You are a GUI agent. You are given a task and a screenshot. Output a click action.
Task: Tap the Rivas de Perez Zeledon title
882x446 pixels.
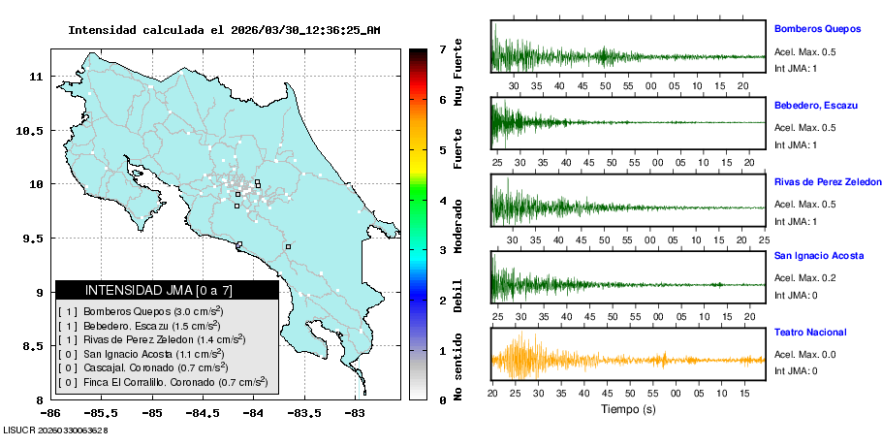(x=827, y=181)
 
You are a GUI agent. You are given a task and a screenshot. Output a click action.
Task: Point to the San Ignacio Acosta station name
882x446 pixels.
(x=820, y=256)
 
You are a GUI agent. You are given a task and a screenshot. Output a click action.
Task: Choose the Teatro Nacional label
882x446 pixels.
(x=809, y=332)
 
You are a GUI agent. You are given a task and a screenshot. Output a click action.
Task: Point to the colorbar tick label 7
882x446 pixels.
(x=443, y=48)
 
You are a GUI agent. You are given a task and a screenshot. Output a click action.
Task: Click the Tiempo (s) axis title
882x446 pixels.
(x=627, y=409)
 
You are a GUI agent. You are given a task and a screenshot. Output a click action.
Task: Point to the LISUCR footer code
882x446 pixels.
(x=55, y=429)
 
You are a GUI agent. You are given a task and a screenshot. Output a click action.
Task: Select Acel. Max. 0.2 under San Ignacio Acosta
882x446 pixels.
(x=803, y=277)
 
